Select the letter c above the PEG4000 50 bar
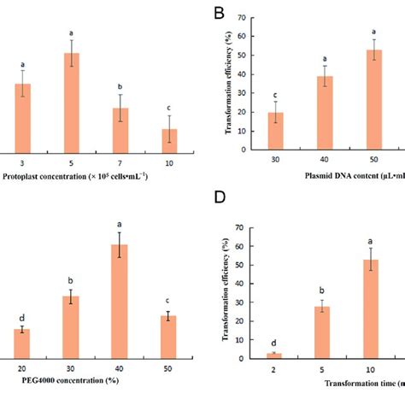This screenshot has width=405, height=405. pyautogui.click(x=170, y=300)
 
